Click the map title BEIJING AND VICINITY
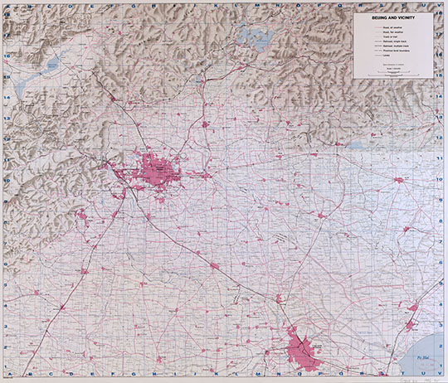coord(392,18)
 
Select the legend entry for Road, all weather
coord(393,28)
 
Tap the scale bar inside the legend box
coord(393,74)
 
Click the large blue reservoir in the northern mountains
coord(249,35)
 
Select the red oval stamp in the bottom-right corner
coord(428,376)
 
